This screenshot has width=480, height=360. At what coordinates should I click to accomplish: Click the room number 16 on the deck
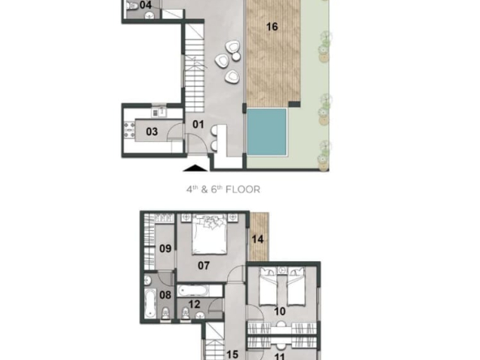(272, 27)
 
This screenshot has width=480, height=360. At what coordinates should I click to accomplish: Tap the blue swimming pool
(267, 132)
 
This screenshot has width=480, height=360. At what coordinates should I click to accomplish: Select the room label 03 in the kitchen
(152, 131)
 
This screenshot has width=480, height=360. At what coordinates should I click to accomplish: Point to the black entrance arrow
(195, 168)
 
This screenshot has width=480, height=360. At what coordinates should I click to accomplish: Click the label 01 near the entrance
(198, 124)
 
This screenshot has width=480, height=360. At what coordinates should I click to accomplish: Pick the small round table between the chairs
(236, 57)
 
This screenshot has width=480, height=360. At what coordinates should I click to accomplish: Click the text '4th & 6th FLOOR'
(223, 190)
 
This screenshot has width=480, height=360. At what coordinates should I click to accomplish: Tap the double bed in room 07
(210, 234)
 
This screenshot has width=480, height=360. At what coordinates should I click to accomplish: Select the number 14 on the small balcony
(258, 239)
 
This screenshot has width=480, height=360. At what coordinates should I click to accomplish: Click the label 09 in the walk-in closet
(165, 249)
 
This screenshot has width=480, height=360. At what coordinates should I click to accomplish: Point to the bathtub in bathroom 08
(150, 304)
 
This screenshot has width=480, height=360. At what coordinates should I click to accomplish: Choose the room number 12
(195, 304)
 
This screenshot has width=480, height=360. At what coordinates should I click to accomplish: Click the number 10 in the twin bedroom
(280, 311)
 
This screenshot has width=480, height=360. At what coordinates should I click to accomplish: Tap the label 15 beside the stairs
(232, 354)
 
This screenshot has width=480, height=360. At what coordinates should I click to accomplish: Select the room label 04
(145, 5)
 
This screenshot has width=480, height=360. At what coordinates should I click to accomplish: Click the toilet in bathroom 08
(165, 313)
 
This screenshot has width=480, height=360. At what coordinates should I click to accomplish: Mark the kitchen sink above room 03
(159, 113)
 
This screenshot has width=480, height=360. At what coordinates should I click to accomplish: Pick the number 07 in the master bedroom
(204, 265)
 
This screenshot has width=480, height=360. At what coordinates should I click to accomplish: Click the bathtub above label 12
(193, 290)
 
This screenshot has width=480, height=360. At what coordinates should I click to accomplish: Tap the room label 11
(280, 356)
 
